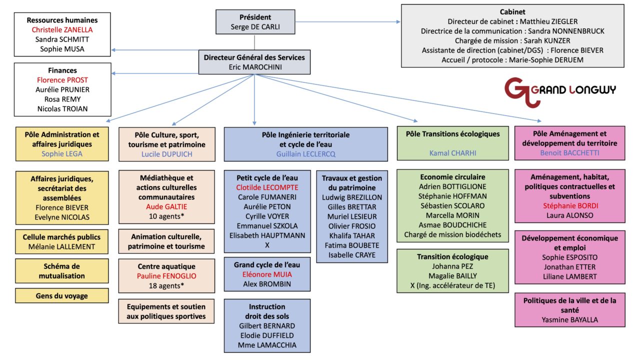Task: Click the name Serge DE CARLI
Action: [254, 26]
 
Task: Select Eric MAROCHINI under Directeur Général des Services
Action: [254, 66]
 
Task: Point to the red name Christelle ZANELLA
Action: [62, 30]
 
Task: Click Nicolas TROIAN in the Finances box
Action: [62, 108]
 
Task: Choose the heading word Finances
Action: [62, 70]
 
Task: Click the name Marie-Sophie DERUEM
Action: [512, 60]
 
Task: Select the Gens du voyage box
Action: [62, 295]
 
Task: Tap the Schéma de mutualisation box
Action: [62, 271]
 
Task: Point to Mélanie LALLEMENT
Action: [62, 246]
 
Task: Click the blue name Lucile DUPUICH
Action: [167, 154]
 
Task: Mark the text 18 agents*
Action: [167, 285]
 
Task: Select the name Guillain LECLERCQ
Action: [305, 154]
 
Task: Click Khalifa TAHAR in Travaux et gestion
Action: [352, 235]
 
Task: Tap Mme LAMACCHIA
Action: [267, 345]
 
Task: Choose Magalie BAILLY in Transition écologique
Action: [452, 276]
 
